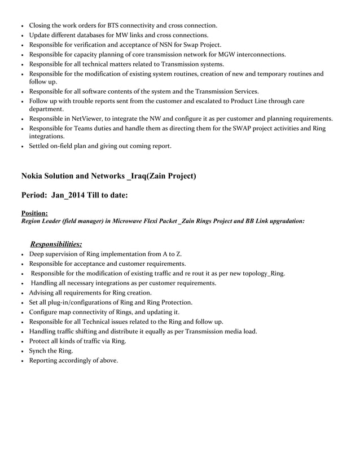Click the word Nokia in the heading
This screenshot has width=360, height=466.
click(x=34, y=177)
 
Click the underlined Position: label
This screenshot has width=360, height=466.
click(x=34, y=213)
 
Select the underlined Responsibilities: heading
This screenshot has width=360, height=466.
click(x=56, y=244)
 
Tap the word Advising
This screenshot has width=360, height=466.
click(x=43, y=292)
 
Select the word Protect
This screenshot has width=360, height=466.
click(x=41, y=341)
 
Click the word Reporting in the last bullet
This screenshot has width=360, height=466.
click(x=45, y=360)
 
